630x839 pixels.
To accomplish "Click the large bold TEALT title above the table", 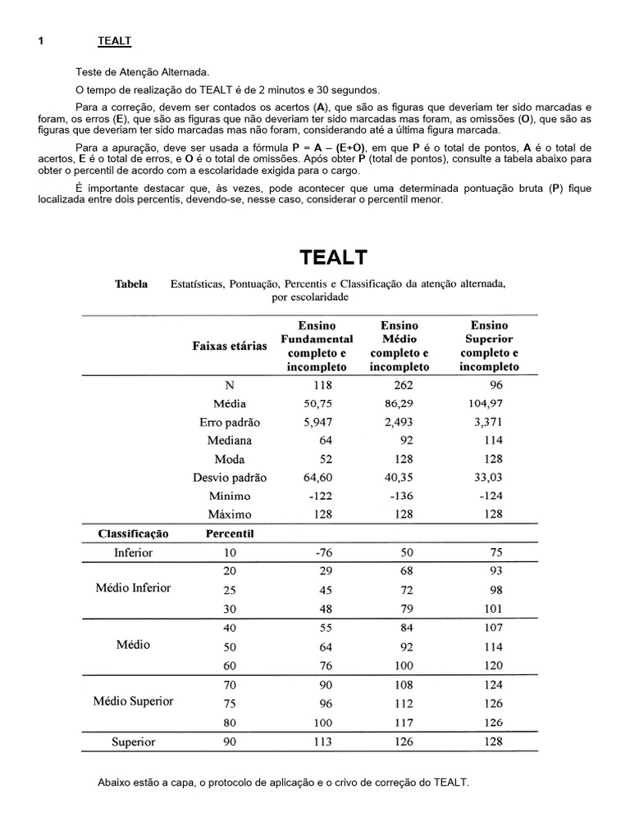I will [x=333, y=257].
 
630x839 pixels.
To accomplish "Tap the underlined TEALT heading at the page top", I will [x=115, y=40].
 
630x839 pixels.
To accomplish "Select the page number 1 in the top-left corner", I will [x=40, y=40].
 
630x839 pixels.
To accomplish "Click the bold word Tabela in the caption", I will [x=131, y=284].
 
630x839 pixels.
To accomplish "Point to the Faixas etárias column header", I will [x=230, y=346].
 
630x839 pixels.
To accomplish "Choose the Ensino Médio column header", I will [x=399, y=346].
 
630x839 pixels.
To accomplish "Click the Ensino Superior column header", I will [x=490, y=346].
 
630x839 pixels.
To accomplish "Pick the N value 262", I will [x=403, y=385].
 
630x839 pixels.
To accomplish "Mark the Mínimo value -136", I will [x=402, y=496].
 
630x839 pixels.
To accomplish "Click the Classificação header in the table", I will [x=133, y=533].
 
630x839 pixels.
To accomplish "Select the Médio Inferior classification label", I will [x=133, y=588].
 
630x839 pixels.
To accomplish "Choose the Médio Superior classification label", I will [x=133, y=701].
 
